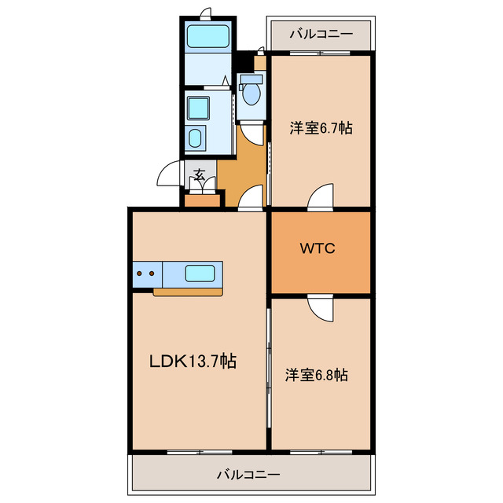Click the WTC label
click(318, 249)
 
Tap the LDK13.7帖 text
click(193, 362)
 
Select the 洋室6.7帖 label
click(319, 127)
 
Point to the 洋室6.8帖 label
click(316, 375)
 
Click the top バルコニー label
click(319, 34)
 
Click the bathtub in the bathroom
click(207, 36)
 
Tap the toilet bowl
click(251, 95)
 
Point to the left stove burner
click(141, 274)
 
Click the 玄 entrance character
click(200, 174)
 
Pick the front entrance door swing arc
click(170, 174)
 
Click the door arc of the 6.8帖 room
click(321, 307)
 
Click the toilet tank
click(251, 79)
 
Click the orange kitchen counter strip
click(188, 292)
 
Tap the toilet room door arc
click(253, 134)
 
